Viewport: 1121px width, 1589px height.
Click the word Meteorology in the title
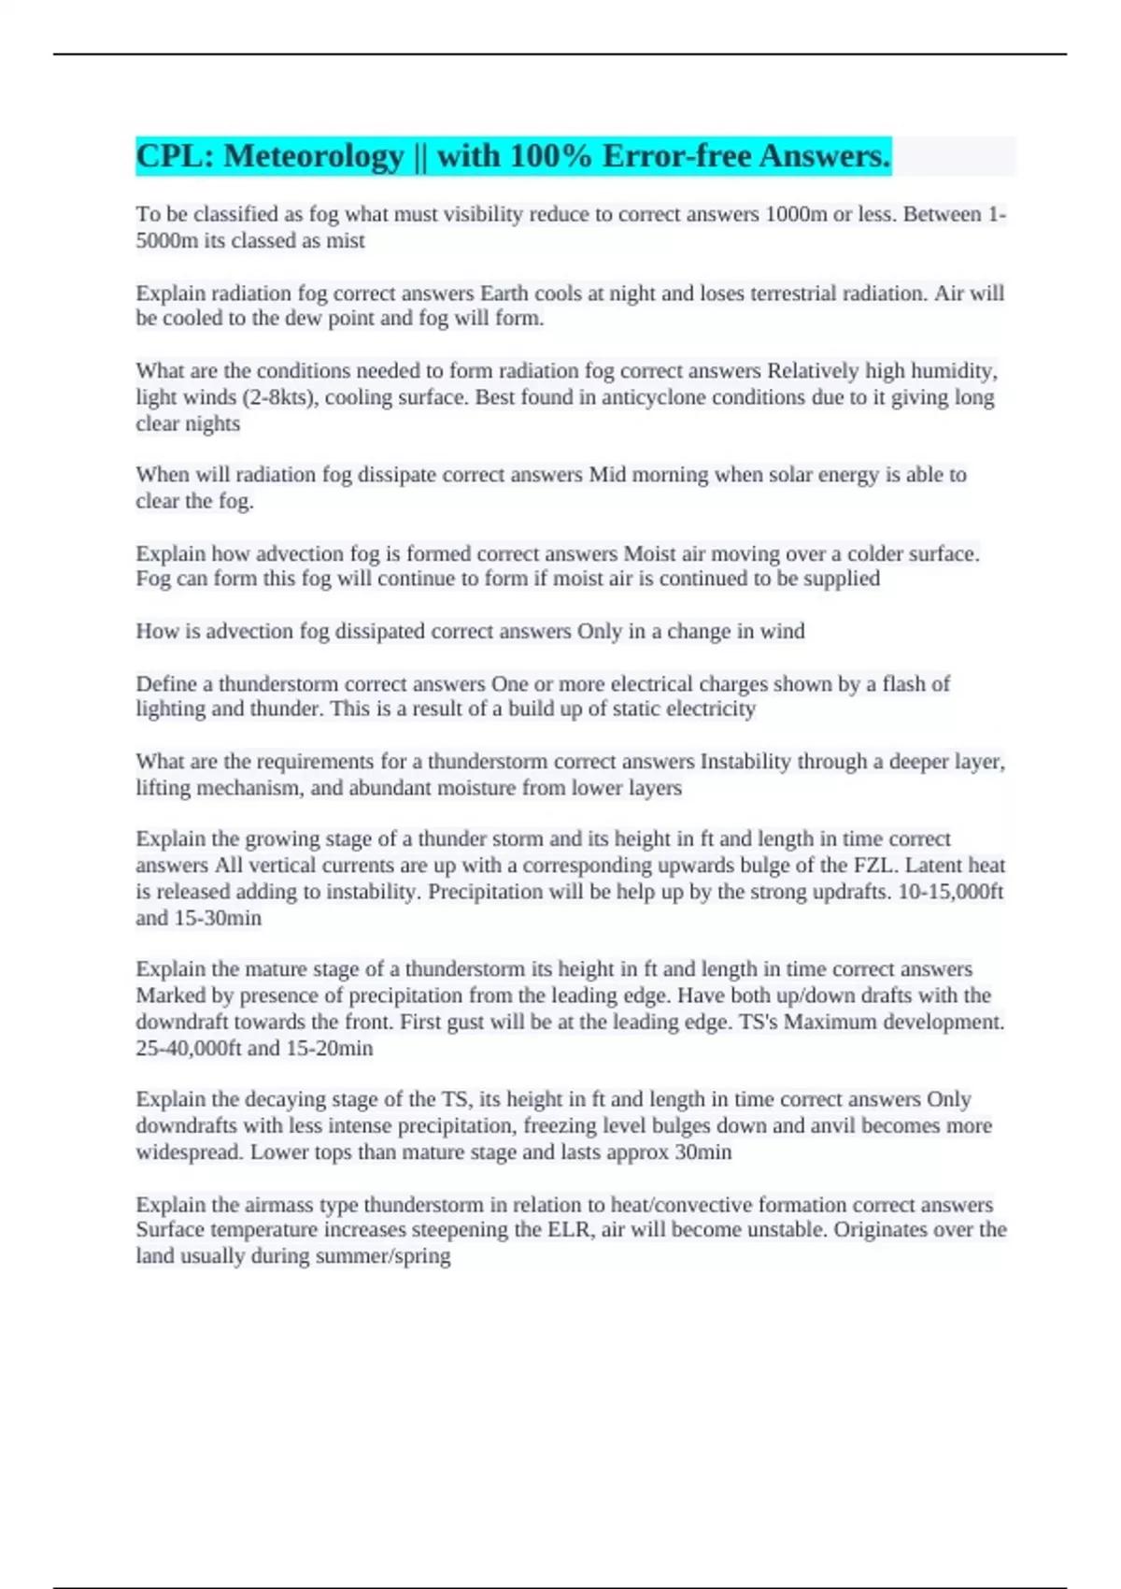tap(314, 156)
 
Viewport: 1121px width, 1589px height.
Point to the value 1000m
tap(796, 214)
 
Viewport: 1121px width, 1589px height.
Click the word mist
tap(345, 240)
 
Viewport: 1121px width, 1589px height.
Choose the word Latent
tap(935, 865)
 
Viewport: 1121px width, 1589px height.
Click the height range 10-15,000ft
tap(950, 891)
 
